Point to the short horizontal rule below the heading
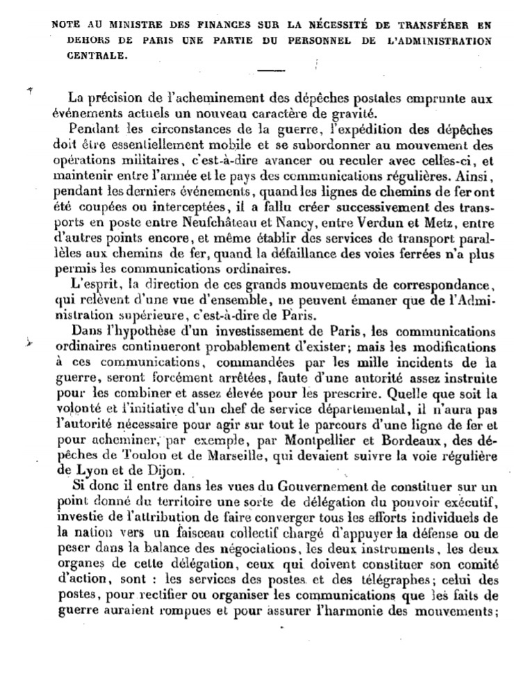tap(272, 70)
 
